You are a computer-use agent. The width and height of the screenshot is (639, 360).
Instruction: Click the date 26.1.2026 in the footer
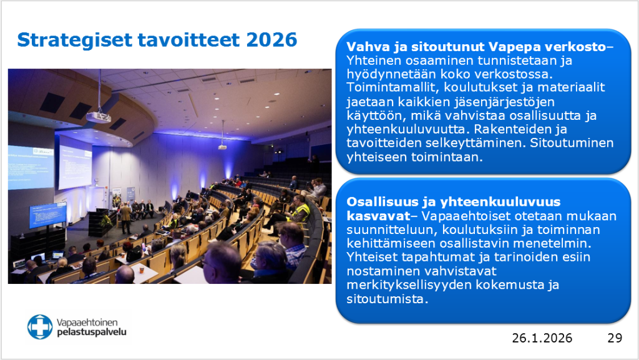[542, 338]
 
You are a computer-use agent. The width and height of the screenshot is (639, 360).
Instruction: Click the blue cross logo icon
[40, 327]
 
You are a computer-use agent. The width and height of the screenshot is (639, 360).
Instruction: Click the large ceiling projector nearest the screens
[98, 117]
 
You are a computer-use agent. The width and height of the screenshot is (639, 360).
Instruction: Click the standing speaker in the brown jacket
[126, 216]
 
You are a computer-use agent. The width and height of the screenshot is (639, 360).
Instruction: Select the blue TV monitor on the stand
[47, 215]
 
